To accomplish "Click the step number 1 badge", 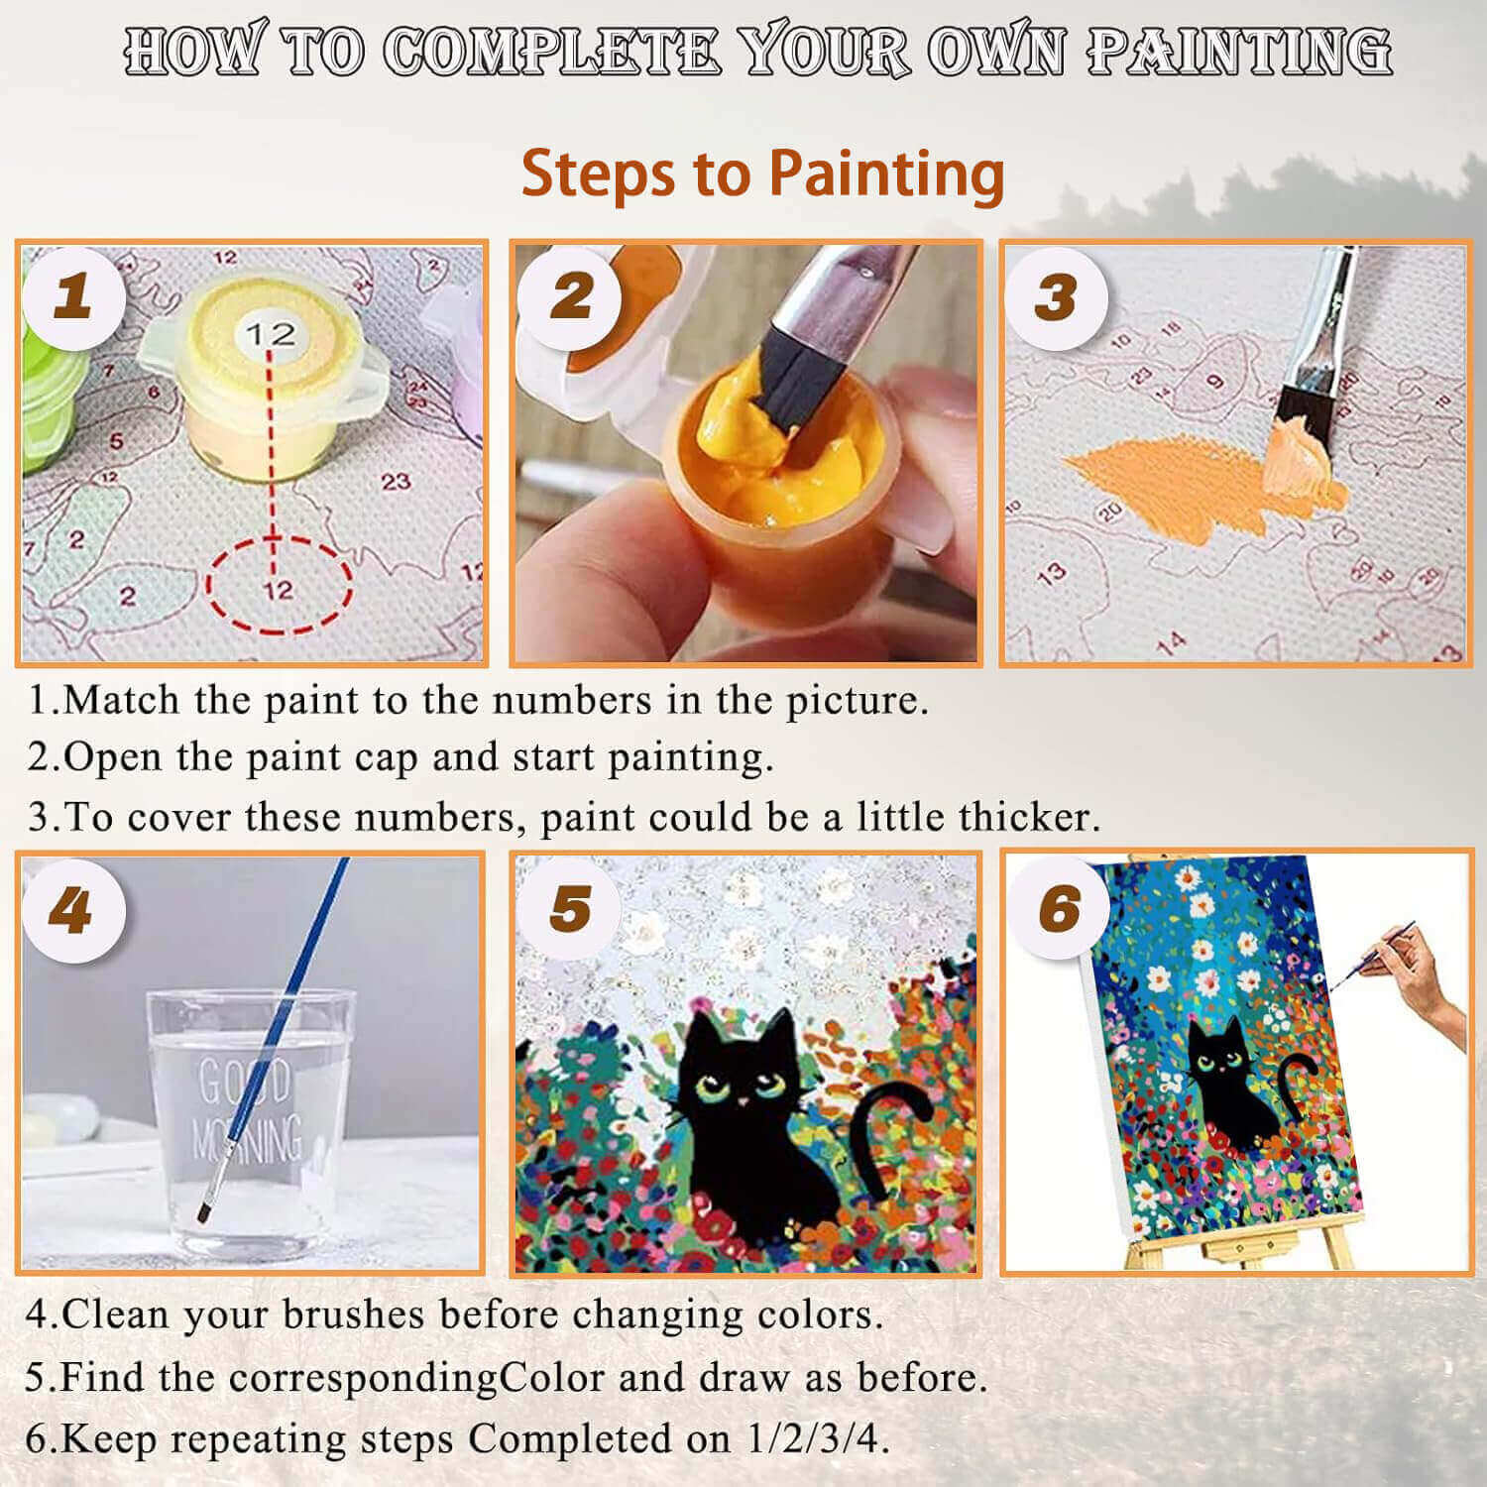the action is pyautogui.click(x=73, y=296).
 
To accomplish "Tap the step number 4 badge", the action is pyautogui.click(x=73, y=910).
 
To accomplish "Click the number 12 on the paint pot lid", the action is pyautogui.click(x=271, y=334).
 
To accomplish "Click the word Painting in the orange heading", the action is pyautogui.click(x=886, y=175).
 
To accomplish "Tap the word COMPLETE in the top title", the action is pyautogui.click(x=551, y=52).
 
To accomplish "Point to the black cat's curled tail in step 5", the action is pyautogui.click(x=887, y=1135).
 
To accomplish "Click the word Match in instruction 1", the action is pyautogui.click(x=121, y=700).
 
